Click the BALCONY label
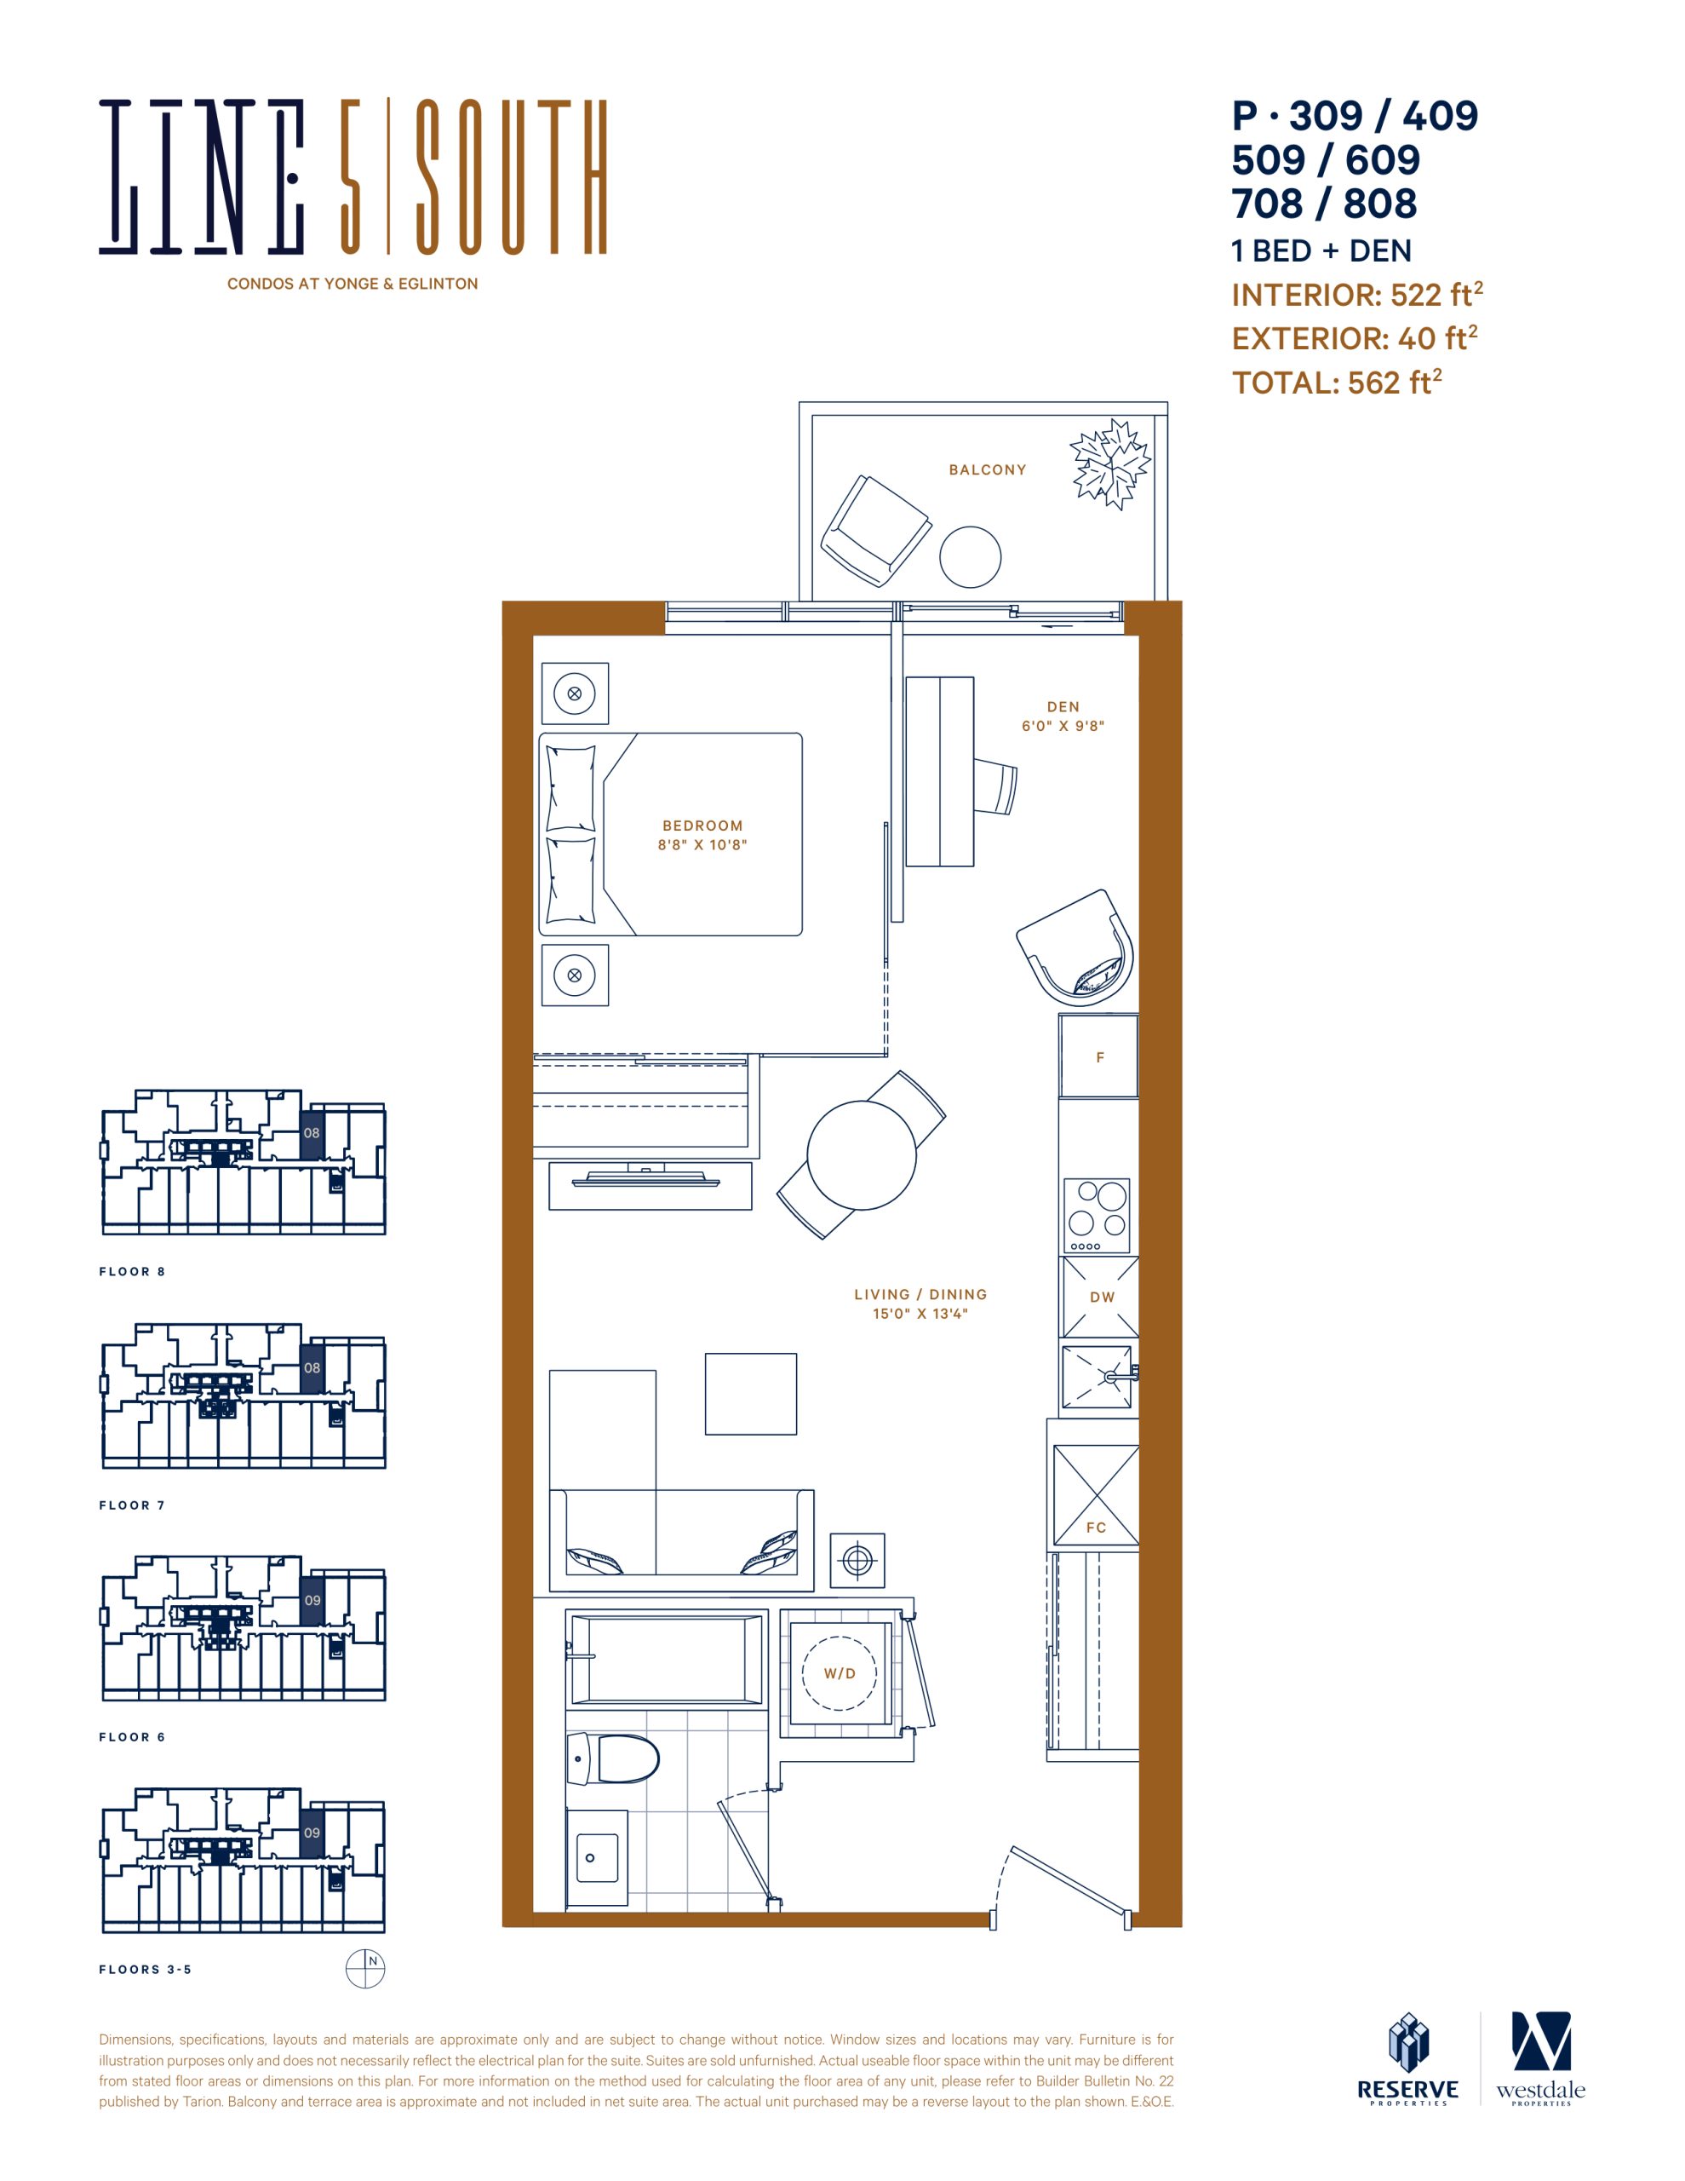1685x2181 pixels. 987,469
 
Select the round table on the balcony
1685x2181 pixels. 971,557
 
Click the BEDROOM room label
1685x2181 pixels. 702,826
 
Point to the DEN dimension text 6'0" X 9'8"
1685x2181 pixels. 1063,726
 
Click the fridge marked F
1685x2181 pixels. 1099,1056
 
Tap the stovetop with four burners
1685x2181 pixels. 1097,1216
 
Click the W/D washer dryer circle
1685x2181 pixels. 840,1674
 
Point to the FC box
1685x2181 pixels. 1096,1495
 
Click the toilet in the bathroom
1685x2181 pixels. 612,1758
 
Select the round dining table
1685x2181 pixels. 862,1155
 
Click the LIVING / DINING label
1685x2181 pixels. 920,1294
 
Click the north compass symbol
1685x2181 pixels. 365,1968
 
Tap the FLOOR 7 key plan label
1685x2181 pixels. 132,1505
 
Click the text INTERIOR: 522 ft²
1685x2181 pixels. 1356,295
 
